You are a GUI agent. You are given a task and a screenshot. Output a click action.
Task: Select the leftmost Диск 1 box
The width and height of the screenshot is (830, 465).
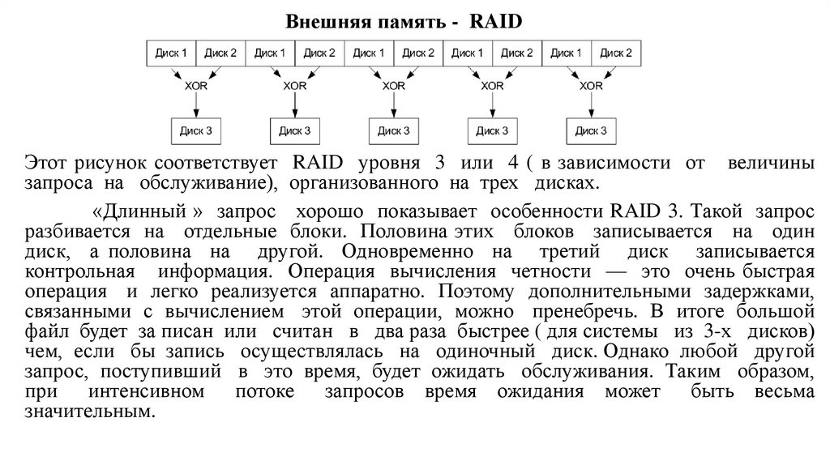click(171, 53)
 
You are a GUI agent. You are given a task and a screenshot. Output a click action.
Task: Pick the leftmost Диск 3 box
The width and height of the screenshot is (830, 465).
click(196, 129)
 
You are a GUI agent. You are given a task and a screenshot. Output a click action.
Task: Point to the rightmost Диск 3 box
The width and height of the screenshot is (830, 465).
click(592, 129)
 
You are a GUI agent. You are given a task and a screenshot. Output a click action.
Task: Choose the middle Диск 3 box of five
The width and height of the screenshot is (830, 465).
click(394, 129)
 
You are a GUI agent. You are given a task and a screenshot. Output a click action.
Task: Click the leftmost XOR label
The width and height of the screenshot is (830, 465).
click(196, 85)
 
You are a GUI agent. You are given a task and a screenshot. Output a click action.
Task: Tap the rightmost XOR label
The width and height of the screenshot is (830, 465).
click(592, 85)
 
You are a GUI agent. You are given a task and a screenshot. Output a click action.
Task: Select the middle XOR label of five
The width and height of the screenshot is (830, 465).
click(394, 85)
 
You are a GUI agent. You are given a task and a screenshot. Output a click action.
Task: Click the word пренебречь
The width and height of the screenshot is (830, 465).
click(588, 311)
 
